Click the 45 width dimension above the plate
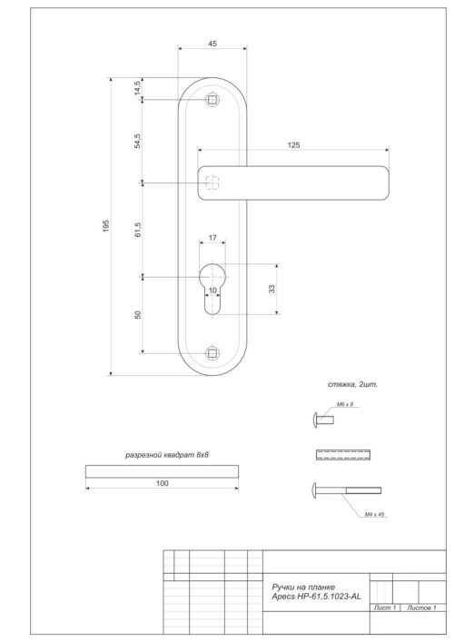click(x=212, y=43)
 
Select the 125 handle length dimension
click(x=292, y=144)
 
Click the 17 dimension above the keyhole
click(x=212, y=238)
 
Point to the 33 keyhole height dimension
click(x=272, y=290)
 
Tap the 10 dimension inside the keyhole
click(x=212, y=291)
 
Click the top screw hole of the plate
click(x=212, y=99)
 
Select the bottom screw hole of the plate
click(x=212, y=351)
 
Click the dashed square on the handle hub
click(x=212, y=183)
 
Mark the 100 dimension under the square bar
click(x=162, y=484)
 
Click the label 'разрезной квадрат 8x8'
click(x=161, y=454)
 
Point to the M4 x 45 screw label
click(x=375, y=514)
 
